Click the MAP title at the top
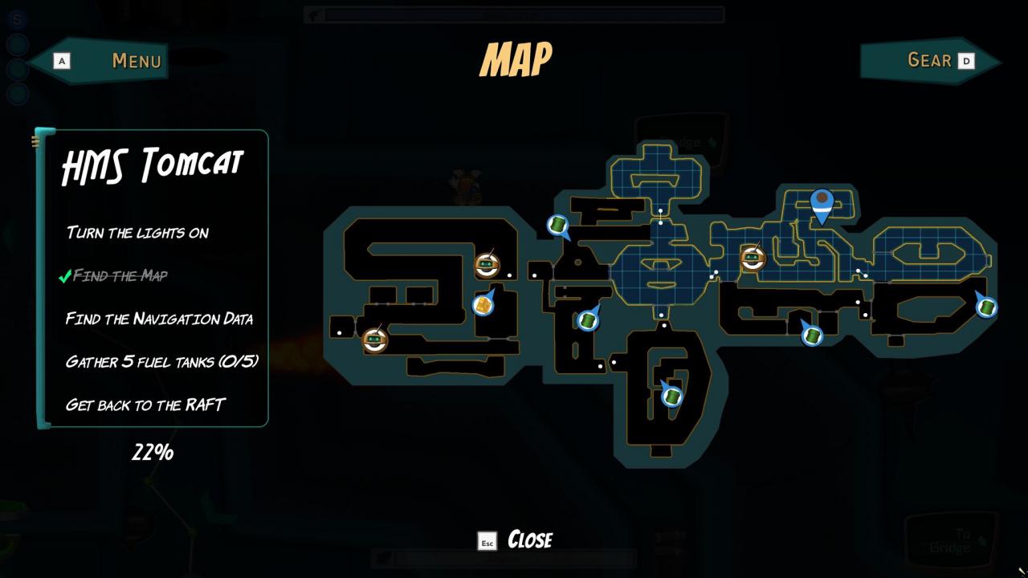coord(516,59)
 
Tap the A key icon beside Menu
coord(61,60)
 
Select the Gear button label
coord(928,60)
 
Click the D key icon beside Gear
coord(966,60)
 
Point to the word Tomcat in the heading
coord(191,165)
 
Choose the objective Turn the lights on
coord(137,233)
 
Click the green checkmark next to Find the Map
coord(64,277)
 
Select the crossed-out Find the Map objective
coord(120,276)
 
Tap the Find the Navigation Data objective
coord(159,319)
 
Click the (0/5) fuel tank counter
coord(239,361)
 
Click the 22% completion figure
coord(153,453)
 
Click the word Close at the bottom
coord(530,539)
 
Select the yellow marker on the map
coord(483,305)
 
